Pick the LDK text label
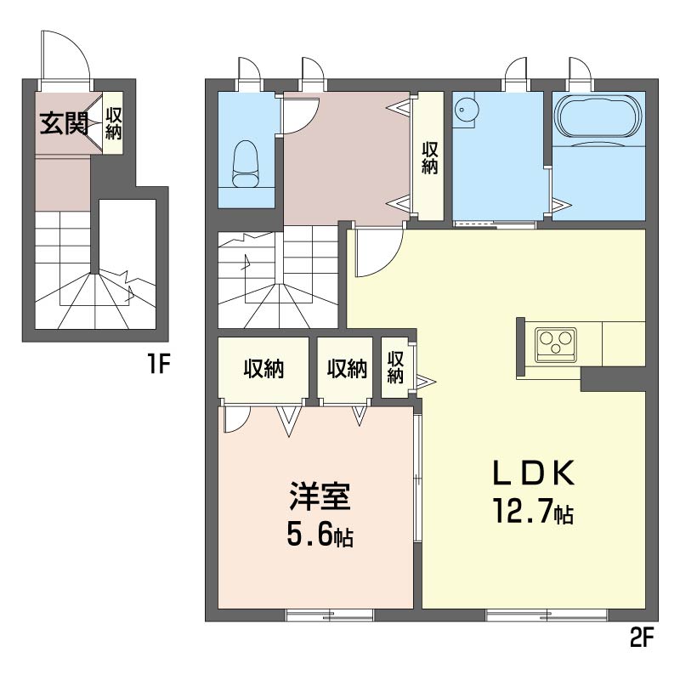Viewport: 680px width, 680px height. [535, 473]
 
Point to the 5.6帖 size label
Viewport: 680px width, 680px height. [320, 536]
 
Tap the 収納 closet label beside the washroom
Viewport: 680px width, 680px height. [429, 156]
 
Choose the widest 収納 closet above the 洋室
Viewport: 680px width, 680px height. [263, 370]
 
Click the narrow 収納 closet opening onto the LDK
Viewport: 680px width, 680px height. [394, 367]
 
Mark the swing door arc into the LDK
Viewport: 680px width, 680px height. [374, 255]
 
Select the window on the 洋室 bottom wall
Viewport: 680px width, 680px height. [329, 615]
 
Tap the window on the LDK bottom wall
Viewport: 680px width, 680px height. [546, 615]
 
